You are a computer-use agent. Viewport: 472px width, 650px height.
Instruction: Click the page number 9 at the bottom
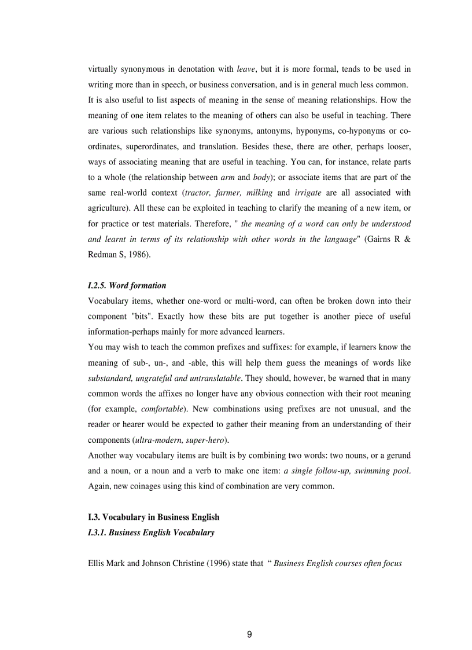coord(249,634)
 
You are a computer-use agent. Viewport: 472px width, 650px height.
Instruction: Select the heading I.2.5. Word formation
coord(127,285)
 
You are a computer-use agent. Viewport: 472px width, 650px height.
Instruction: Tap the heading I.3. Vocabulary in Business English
coord(153,517)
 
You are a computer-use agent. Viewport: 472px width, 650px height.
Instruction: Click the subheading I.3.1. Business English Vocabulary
coord(151,533)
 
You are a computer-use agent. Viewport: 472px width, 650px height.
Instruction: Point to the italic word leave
coord(246,69)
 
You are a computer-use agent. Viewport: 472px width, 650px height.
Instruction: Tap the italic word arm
coord(227,177)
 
